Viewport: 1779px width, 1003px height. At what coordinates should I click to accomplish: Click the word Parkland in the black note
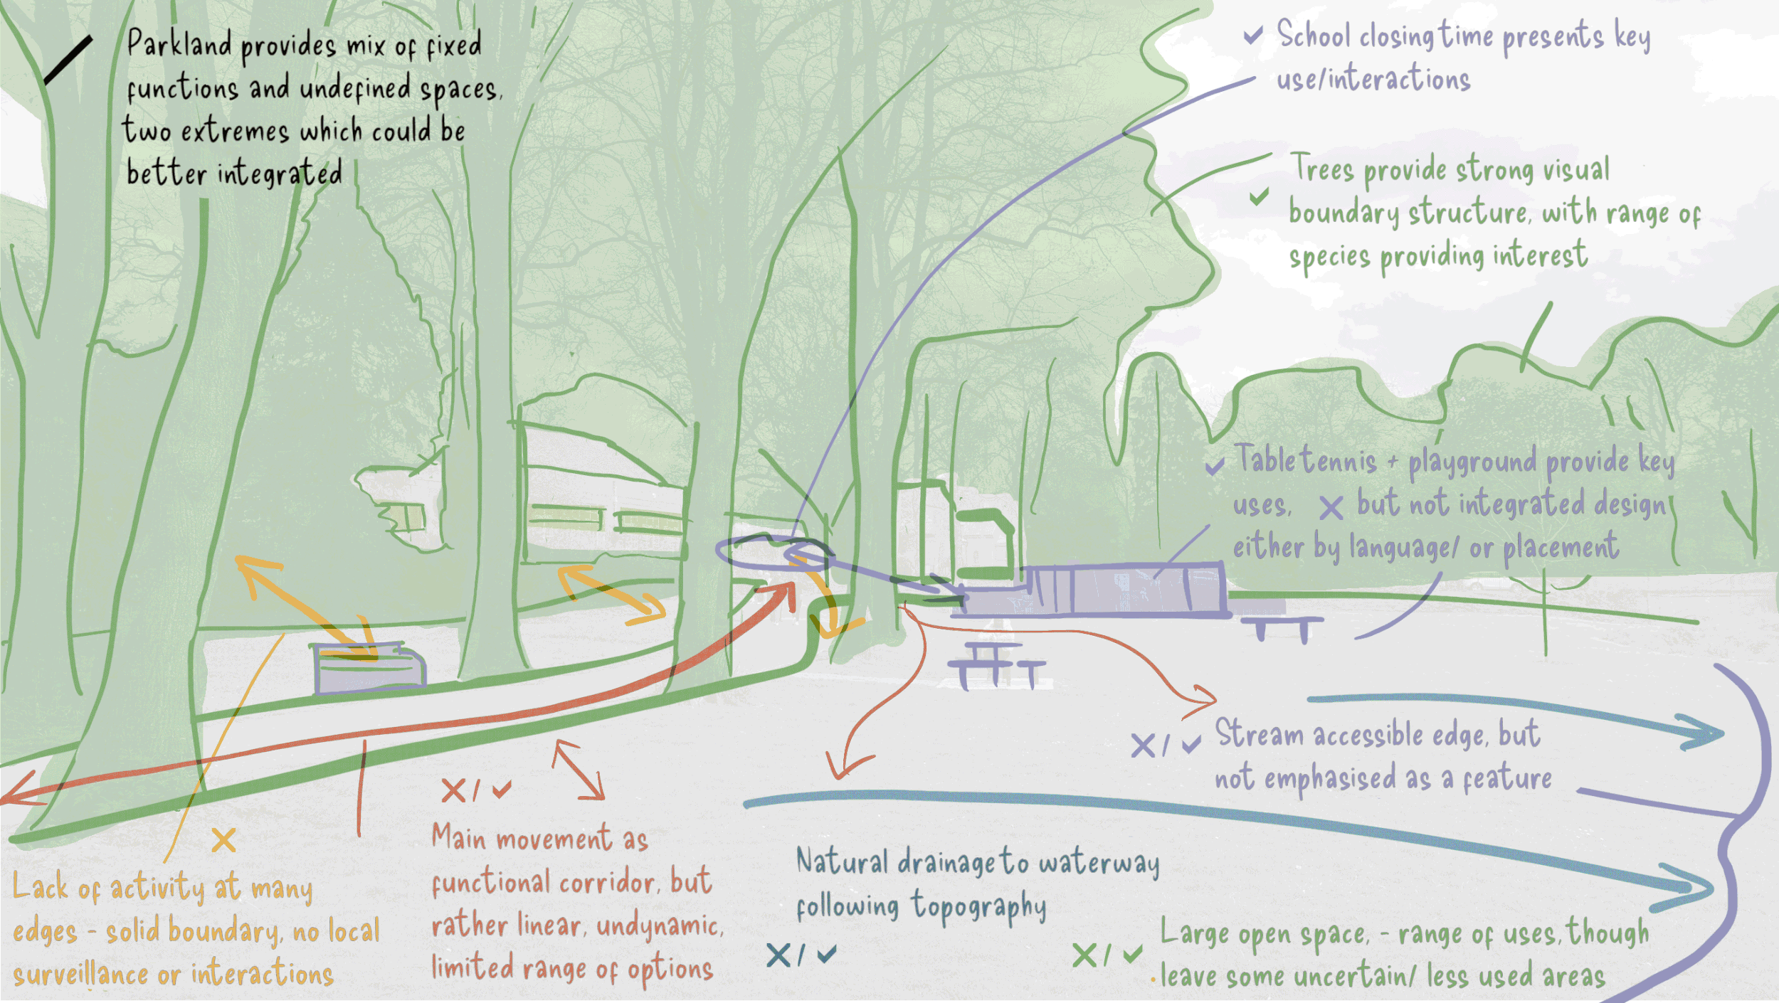click(x=179, y=44)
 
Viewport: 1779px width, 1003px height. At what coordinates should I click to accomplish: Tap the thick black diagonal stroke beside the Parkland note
click(x=68, y=60)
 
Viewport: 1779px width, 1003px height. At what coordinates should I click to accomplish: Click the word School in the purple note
click(x=1313, y=34)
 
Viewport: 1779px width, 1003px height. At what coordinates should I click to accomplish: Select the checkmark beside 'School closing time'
click(x=1253, y=35)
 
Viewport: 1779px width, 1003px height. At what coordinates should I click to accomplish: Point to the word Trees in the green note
click(x=1322, y=169)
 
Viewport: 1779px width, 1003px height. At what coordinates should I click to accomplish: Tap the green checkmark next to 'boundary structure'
click(x=1259, y=196)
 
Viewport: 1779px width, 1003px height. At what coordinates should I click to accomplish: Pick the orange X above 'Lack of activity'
click(x=223, y=840)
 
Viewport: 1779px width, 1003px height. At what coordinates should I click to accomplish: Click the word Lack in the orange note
click(x=41, y=888)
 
